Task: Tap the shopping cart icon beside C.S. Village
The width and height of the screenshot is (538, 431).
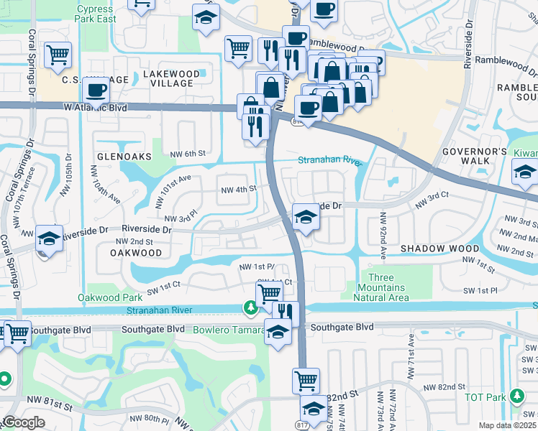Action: (58, 55)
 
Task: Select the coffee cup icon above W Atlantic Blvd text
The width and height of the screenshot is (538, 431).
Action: (96, 90)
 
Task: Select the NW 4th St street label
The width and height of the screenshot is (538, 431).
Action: (238, 190)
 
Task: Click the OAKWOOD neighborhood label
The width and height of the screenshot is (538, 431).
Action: (136, 253)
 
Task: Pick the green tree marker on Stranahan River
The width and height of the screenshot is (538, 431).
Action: (250, 308)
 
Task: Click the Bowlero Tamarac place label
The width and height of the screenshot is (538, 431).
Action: (227, 330)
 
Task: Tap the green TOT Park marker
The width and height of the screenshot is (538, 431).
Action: (516, 396)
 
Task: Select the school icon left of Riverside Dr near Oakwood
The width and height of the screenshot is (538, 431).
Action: (48, 239)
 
